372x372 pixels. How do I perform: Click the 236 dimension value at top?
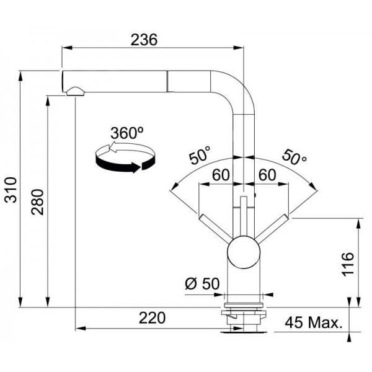(144, 40)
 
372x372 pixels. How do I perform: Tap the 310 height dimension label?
(11, 190)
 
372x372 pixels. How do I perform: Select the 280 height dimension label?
(37, 202)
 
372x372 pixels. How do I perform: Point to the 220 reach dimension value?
(152, 317)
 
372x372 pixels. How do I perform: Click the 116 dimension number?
(348, 264)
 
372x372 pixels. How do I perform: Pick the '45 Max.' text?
(314, 322)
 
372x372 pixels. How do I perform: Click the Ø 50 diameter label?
(202, 283)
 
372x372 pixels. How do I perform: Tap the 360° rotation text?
(127, 133)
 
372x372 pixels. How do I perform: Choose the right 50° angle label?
(294, 157)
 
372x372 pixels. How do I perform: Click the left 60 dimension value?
(221, 175)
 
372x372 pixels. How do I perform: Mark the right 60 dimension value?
(267, 175)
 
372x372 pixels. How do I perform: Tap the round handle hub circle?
(244, 252)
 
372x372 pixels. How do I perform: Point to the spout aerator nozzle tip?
(76, 92)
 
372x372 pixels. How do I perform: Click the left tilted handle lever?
(215, 228)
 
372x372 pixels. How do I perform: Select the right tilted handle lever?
(272, 228)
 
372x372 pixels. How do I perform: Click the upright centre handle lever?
(244, 216)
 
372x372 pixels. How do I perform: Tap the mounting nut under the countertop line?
(244, 316)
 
